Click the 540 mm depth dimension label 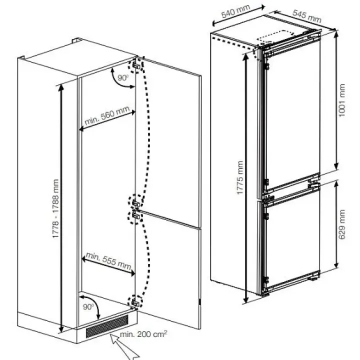[x=235, y=11]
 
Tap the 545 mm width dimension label [x=306, y=16]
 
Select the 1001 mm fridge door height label [x=342, y=100]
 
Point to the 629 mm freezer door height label [x=342, y=224]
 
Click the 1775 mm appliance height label [x=239, y=177]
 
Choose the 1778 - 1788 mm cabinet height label [x=55, y=208]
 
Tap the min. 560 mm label [x=107, y=115]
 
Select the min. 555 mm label [x=108, y=261]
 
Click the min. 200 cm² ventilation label [x=143, y=334]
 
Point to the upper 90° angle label [x=123, y=77]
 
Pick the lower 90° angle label [x=88, y=306]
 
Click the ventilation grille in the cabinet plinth [x=107, y=326]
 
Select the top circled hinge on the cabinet [x=136, y=65]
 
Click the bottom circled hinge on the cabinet [x=135, y=302]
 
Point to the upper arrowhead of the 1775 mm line [x=246, y=56]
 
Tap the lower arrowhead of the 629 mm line [x=336, y=264]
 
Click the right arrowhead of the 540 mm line [x=262, y=7]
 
